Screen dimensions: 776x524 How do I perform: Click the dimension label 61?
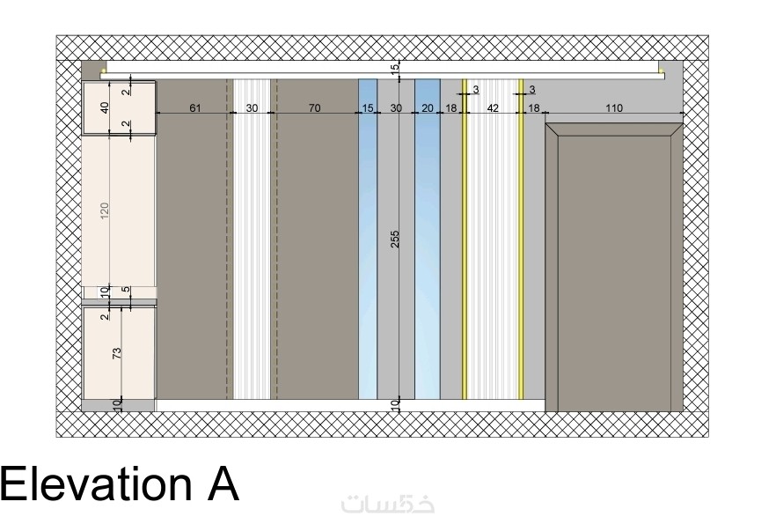tap(195, 107)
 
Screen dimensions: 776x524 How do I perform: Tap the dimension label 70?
tap(314, 107)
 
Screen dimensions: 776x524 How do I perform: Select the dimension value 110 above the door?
tap(614, 107)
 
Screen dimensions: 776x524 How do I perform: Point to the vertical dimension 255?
tap(394, 239)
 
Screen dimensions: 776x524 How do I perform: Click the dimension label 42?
tap(493, 107)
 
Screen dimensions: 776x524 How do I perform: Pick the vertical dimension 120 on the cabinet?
tap(105, 211)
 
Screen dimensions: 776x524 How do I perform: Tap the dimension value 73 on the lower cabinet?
tap(117, 353)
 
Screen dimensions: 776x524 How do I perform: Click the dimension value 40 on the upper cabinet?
tap(105, 107)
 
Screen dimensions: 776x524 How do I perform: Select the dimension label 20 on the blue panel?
tap(427, 107)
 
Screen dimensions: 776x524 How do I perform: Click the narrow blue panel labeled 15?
tap(368, 239)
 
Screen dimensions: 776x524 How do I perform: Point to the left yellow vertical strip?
tap(465, 239)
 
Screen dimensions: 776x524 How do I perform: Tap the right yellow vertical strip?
tap(521, 239)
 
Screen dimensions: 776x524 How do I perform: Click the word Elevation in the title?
tap(96, 483)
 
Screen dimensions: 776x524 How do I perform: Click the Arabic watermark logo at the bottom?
tap(388, 504)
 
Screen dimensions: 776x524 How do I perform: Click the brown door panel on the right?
tap(614, 268)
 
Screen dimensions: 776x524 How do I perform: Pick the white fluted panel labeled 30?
tap(252, 239)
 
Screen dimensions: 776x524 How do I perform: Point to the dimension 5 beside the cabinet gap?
tap(126, 289)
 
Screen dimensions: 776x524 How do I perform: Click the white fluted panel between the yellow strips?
tap(493, 239)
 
